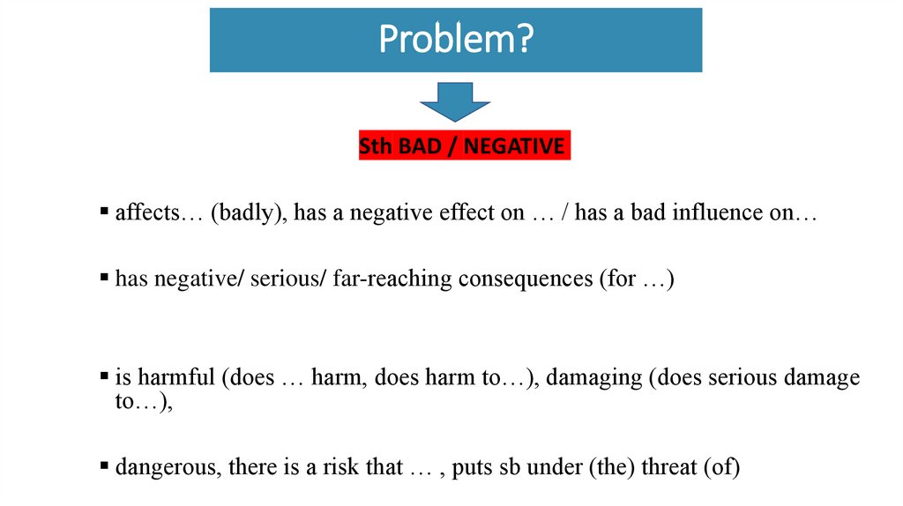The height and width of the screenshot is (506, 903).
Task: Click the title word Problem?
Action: [455, 40]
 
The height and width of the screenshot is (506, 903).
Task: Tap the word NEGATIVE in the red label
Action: [514, 146]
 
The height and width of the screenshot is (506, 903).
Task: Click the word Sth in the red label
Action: [377, 146]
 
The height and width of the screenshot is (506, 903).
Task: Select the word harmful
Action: [175, 378]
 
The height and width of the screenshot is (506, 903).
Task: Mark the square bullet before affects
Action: [104, 212]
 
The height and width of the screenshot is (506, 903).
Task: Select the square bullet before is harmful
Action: [104, 377]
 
